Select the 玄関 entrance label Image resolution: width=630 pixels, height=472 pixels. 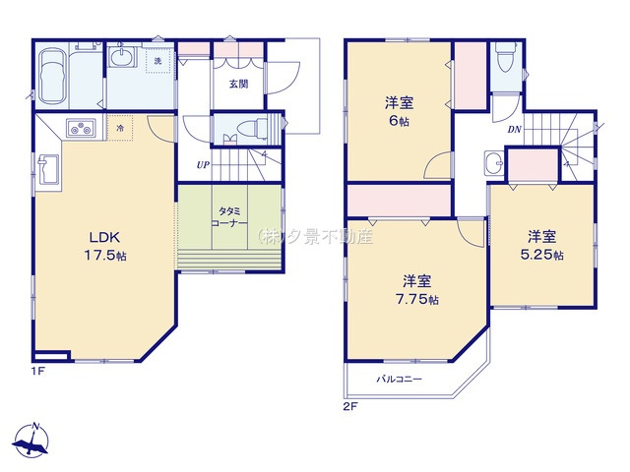[x=238, y=85]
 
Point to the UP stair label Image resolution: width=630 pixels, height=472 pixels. [x=203, y=164]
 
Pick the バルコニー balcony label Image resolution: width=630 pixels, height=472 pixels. [x=398, y=378]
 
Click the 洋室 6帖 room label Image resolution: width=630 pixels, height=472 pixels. [x=398, y=108]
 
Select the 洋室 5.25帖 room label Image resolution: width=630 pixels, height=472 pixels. [x=543, y=244]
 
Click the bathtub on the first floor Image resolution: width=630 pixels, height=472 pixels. [x=52, y=75]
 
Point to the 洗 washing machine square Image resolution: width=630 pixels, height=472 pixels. [x=157, y=61]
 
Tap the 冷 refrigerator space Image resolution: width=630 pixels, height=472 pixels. [x=120, y=128]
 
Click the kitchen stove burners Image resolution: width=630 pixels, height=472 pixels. [x=79, y=128]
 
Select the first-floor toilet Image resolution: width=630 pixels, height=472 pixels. [x=246, y=130]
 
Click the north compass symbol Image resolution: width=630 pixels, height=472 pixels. [x=32, y=442]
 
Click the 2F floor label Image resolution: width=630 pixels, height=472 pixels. [x=347, y=405]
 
